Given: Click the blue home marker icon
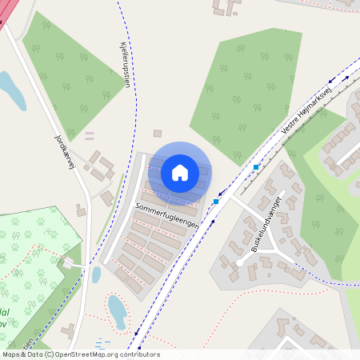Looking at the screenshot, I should coord(180,172).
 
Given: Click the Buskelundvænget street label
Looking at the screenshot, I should coord(266,238).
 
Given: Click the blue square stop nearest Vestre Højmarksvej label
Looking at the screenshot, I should coord(256,166).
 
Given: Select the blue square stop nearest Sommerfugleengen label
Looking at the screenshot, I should coord(216,202).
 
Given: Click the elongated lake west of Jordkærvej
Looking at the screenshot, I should coord(11,90).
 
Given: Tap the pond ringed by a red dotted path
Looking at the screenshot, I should coord(117,308).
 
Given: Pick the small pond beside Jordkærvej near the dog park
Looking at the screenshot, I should coord(96,274).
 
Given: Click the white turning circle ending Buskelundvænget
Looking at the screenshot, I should coord(238,262).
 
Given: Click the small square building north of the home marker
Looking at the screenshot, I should coord(158,134).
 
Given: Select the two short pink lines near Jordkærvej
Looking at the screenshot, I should coord(89,134).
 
